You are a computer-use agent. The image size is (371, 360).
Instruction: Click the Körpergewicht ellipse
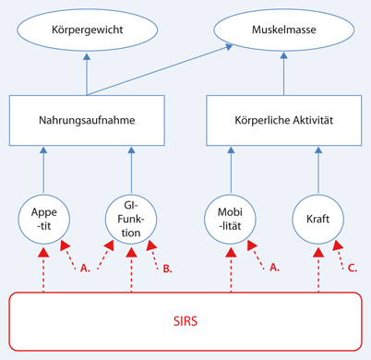(x=88, y=30)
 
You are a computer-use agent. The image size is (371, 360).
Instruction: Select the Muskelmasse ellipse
(x=282, y=30)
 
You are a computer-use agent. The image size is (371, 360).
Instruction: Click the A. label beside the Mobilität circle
(x=273, y=269)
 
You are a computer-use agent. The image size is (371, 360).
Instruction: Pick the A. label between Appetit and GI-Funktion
(x=86, y=269)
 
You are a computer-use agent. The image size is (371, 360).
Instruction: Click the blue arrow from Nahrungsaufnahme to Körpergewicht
(x=88, y=74)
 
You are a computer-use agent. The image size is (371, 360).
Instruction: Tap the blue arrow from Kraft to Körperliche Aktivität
(x=317, y=166)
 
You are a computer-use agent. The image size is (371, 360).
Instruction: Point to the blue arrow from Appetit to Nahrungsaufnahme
(x=44, y=166)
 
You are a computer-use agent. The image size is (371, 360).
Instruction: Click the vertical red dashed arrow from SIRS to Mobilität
(x=228, y=268)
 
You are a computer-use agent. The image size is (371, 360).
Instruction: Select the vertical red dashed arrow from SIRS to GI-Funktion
(x=132, y=268)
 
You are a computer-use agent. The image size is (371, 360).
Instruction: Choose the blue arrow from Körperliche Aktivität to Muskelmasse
(x=282, y=74)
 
